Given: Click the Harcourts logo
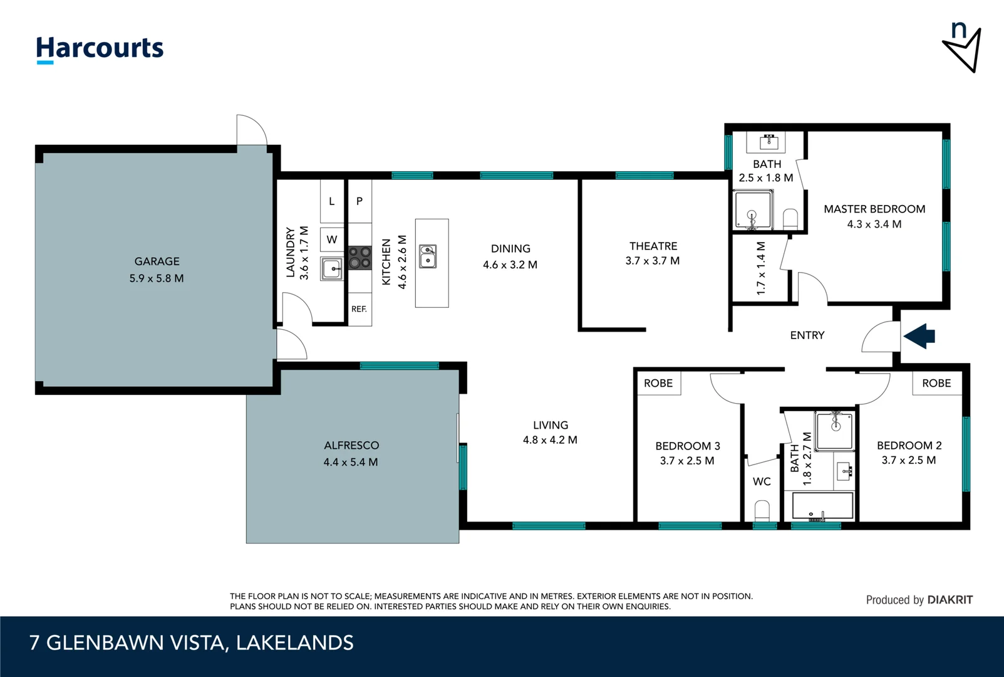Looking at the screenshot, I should [100, 49].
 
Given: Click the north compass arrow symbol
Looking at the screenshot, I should [963, 50].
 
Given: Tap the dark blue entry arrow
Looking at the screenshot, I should [919, 336].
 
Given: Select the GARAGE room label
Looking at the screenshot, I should [157, 261].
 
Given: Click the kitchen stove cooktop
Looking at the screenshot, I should [360, 258].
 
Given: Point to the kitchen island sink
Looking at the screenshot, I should [428, 256].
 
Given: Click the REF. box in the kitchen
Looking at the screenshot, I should [359, 309].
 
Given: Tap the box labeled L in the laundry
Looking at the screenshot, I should [332, 201].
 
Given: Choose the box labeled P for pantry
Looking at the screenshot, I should [360, 201].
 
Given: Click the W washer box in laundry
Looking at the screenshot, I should [332, 239].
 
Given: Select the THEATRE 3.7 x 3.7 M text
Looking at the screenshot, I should [653, 253].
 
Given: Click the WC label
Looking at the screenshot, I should [762, 481].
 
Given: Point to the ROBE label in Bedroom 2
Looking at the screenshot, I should [936, 383].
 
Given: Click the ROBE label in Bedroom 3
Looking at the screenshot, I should [658, 383].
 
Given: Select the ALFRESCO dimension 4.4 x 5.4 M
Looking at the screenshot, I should [351, 462].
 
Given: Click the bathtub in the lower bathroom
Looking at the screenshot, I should [822, 505].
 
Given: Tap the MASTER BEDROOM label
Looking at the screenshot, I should [874, 209].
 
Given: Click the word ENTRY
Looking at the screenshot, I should [807, 335].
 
